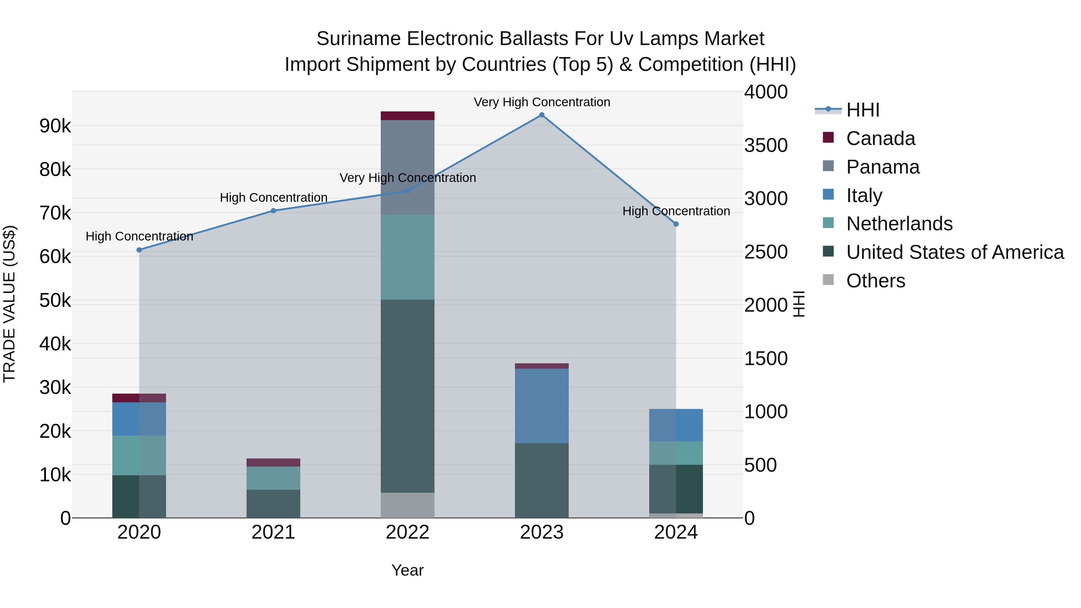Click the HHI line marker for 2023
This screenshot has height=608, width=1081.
541,115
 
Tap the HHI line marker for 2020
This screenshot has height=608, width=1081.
139,250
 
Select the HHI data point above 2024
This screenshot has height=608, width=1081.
676,224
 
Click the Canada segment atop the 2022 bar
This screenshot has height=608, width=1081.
407,116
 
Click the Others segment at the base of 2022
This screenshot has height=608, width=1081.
407,505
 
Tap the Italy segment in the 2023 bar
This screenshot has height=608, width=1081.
541,406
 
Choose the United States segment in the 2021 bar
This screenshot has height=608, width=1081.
273,504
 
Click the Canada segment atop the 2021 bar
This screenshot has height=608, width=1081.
273,462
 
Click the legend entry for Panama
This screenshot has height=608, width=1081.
883,167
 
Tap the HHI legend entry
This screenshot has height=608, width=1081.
862,110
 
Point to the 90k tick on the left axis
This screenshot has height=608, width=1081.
55,126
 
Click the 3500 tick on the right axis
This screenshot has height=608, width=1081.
766,146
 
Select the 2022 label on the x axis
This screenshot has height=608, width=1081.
407,532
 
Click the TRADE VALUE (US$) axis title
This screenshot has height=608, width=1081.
9,304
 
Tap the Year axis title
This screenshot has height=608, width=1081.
407,570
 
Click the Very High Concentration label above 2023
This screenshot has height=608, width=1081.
541,102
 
